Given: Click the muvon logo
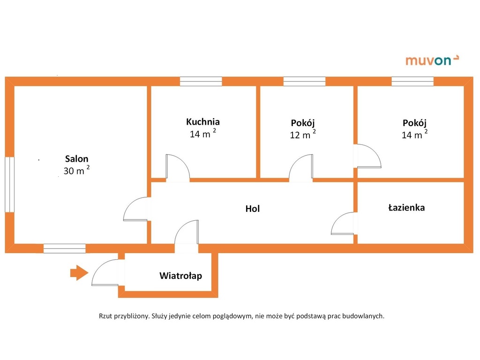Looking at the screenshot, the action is click(432, 60).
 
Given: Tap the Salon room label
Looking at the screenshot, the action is click(76, 158).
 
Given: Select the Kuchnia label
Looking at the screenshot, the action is click(202, 121).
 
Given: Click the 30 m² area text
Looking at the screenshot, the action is click(76, 170).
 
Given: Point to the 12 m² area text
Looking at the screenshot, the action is click(303, 135).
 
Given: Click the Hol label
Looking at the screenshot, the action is click(253, 209).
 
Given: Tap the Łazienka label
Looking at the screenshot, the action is click(406, 208).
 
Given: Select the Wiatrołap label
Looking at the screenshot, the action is click(180, 276).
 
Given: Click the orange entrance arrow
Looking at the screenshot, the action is click(79, 272).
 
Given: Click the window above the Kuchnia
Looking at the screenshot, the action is click(201, 82).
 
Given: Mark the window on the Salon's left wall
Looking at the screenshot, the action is click(9, 184).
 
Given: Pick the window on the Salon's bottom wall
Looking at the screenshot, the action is click(64, 248).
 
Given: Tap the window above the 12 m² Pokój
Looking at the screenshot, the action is click(304, 82).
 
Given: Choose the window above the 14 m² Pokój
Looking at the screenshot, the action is click(412, 82).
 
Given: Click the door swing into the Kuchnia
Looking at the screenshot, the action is click(178, 167).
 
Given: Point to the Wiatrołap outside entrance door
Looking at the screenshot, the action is click(105, 272).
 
